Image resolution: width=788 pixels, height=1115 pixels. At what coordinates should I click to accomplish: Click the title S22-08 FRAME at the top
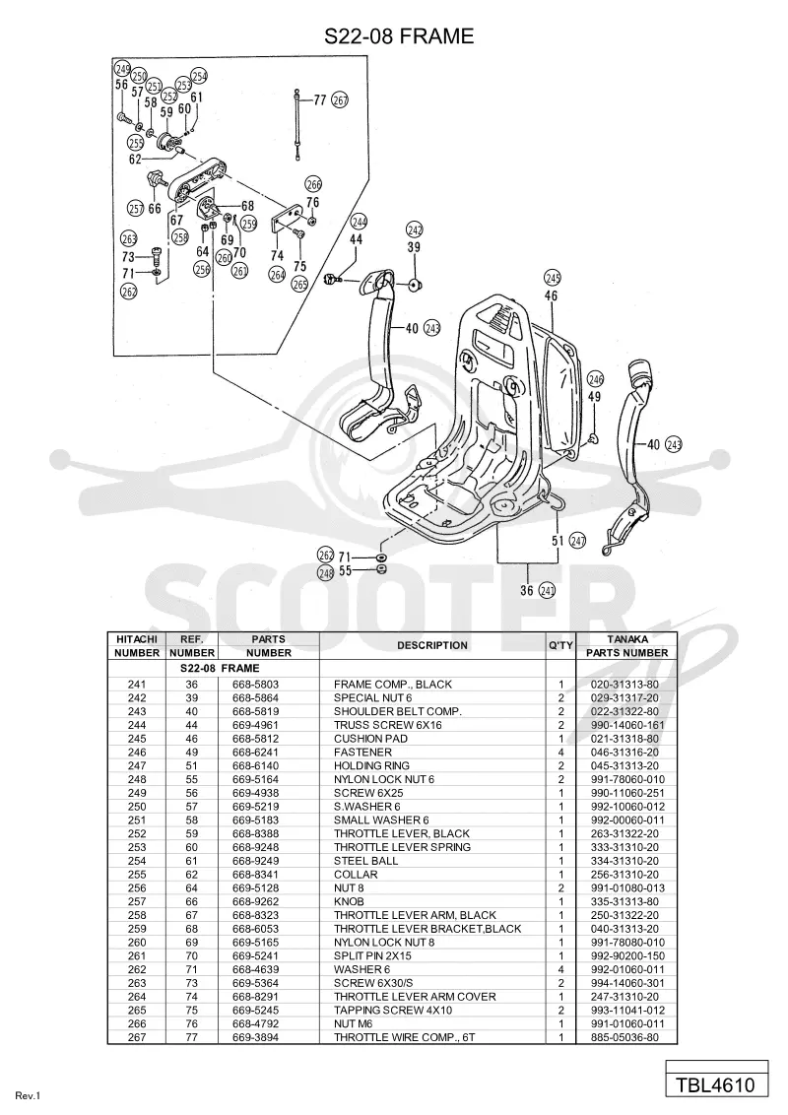pos(398,35)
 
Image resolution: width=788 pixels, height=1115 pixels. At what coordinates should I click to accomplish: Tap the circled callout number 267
pos(341,101)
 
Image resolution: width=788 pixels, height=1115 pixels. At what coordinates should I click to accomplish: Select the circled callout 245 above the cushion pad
pos(552,278)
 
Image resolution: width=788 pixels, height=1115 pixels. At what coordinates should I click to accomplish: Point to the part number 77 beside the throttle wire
pos(320,100)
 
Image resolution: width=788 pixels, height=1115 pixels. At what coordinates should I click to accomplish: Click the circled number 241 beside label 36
pos(547,590)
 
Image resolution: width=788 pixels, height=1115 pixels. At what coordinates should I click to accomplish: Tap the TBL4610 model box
pos(716,1085)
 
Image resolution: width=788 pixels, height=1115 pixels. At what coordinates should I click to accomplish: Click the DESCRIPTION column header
pos(432,646)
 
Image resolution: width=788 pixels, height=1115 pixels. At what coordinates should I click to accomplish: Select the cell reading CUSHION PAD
pos(370,738)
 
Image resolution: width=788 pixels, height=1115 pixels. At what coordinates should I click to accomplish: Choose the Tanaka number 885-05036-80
pos(624,1037)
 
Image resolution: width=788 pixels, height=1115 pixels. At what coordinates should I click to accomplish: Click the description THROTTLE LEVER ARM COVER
pos(415,996)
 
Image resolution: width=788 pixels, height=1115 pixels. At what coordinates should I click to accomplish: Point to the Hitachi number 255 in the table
pos(137,874)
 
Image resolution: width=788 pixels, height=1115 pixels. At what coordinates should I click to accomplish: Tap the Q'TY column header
pos(560,646)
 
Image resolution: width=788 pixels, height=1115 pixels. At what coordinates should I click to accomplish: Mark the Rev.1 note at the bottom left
pos(28,1096)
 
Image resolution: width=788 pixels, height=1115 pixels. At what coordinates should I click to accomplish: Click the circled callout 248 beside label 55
pos(326,571)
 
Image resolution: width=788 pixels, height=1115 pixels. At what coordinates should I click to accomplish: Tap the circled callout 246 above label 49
pos(595,379)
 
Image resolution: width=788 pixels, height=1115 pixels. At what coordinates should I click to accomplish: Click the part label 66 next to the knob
pos(155,209)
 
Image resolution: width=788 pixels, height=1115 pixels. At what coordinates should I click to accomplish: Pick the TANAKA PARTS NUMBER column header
pos(626,646)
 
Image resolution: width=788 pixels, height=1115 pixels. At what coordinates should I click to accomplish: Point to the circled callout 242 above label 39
pos(415,230)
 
